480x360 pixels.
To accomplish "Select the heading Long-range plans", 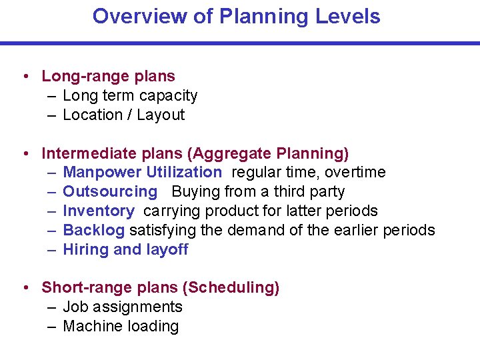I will click(x=108, y=77).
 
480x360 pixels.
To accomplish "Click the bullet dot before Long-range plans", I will click(x=25, y=77).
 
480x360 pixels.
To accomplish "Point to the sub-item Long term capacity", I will click(x=130, y=96).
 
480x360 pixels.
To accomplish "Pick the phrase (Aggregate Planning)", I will click(x=267, y=154).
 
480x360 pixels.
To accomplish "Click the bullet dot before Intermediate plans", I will click(x=25, y=154).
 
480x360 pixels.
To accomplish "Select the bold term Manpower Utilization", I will click(x=142, y=173).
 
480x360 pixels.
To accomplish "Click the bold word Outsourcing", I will click(x=110, y=192).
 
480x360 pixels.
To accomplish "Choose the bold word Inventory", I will click(x=98, y=211).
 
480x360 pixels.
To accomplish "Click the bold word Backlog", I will click(x=93, y=231).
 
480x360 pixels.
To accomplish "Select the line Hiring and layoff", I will click(x=125, y=250).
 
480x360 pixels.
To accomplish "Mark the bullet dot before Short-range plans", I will click(x=25, y=288).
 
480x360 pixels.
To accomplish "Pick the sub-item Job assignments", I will click(x=122, y=307).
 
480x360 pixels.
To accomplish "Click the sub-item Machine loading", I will click(x=121, y=327).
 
